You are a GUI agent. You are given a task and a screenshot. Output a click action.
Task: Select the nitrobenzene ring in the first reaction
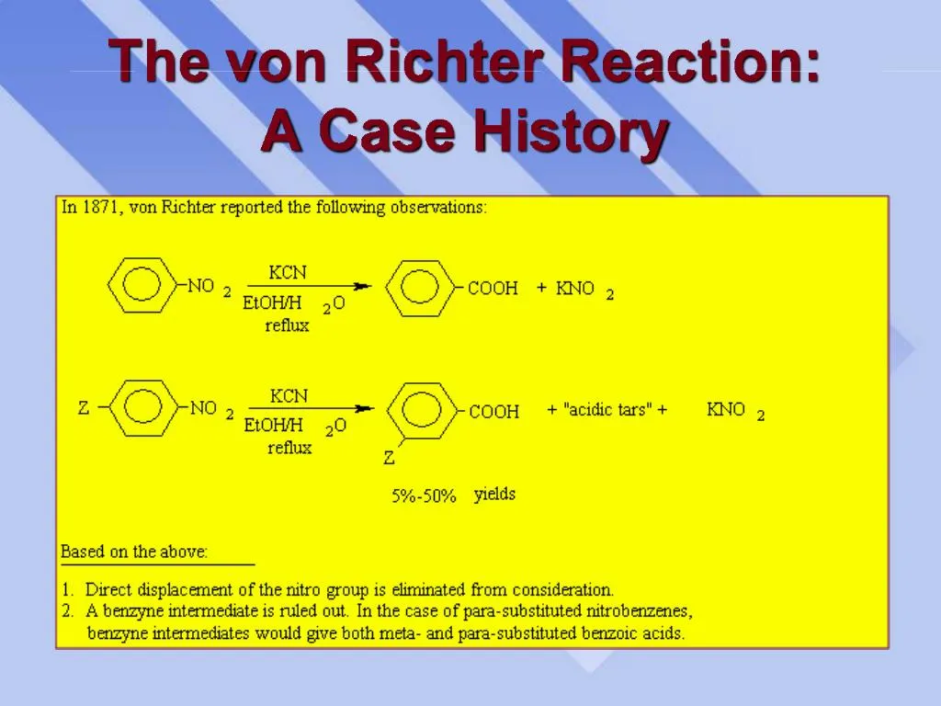[x=140, y=285]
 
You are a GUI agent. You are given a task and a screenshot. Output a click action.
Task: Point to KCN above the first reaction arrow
[x=288, y=272]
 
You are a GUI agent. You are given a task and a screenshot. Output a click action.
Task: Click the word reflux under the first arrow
[x=287, y=325]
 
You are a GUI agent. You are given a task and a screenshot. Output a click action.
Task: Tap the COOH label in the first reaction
[x=493, y=289]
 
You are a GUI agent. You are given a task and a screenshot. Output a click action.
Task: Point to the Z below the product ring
[x=390, y=457]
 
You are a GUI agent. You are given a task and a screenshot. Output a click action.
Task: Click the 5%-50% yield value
[x=424, y=496]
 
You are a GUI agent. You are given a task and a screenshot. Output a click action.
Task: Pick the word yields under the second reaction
[x=494, y=495]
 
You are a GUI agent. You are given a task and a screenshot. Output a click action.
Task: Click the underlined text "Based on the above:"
[x=134, y=552]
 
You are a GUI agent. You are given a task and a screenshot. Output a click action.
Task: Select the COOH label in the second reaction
[x=494, y=412]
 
